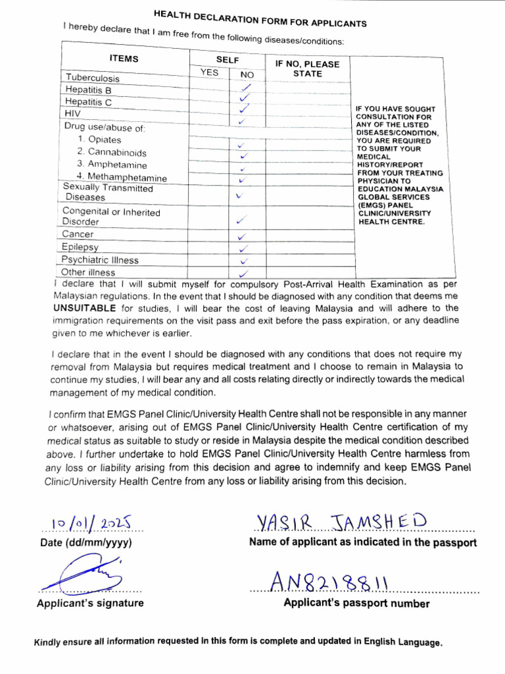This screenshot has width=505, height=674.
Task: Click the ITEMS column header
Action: pyautogui.click(x=124, y=59)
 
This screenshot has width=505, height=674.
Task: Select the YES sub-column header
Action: pyautogui.click(x=209, y=72)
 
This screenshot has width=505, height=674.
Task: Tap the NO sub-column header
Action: pyautogui.click(x=247, y=75)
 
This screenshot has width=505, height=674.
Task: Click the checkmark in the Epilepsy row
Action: pyautogui.click(x=243, y=248)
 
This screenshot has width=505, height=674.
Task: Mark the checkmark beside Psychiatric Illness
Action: pyautogui.click(x=243, y=261)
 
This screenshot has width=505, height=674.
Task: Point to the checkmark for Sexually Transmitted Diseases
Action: pyautogui.click(x=239, y=195)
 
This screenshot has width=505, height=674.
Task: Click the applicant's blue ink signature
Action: pyautogui.click(x=82, y=573)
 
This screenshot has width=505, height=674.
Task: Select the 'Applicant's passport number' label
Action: pyautogui.click(x=356, y=604)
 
